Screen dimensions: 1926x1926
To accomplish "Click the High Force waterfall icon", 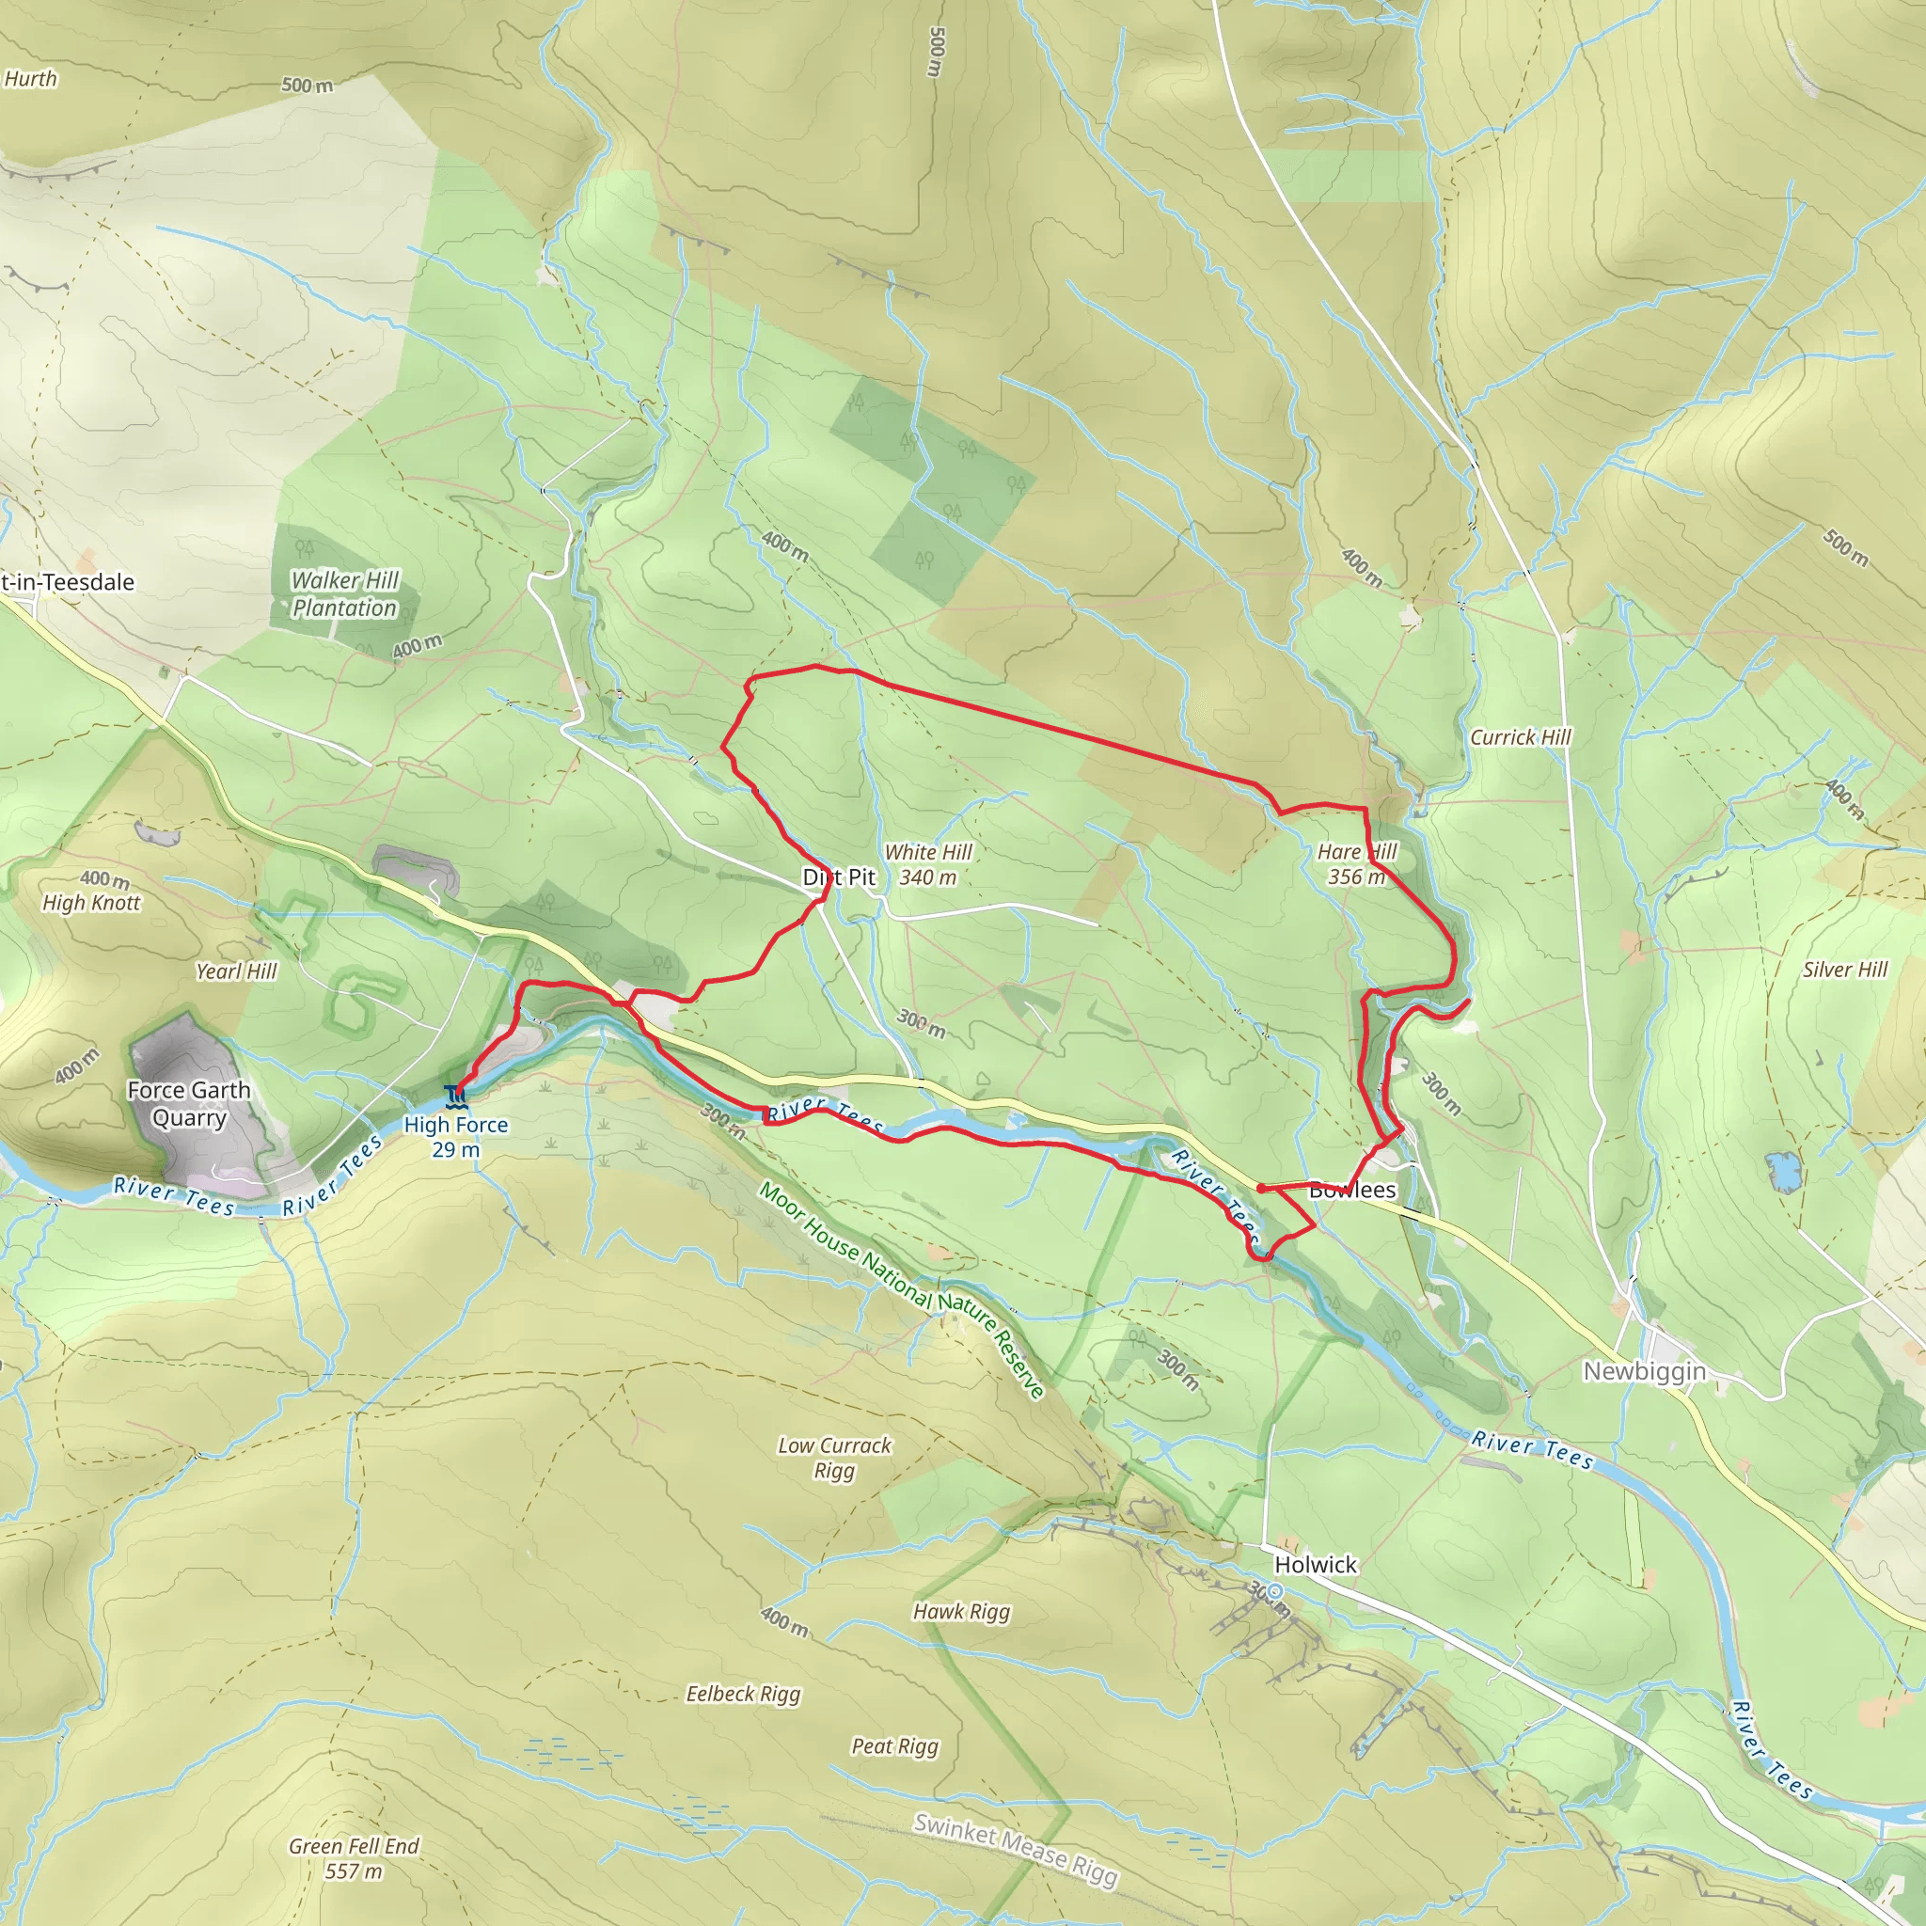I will coord(456,1096).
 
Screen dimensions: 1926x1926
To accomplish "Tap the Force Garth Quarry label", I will coord(188,1103).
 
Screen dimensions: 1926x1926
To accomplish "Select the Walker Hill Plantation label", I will coord(344,593).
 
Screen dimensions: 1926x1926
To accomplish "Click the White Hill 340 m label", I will coord(927,864).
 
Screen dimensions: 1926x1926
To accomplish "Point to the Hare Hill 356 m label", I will coord(1356,864).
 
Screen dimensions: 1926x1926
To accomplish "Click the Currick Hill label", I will coord(1520,736).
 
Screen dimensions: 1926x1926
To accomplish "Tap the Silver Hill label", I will coord(1844,969).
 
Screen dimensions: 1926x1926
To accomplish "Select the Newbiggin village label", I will coord(1644,1372).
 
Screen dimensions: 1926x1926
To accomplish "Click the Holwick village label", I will coord(1315,1564).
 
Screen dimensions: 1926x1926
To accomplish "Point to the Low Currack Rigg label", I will coord(834,1458).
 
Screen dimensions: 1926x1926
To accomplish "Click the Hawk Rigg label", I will coord(961,1611).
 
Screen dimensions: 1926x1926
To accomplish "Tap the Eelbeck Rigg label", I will coord(743,1694).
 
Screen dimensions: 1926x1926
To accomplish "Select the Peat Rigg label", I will coord(894,1745).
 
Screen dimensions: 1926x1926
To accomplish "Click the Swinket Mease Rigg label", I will coord(1016,1849).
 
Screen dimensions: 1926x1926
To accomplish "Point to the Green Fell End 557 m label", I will coord(354,1858).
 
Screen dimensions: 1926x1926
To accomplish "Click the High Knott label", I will coord(92,902).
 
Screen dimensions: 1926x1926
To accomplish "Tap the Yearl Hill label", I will coord(236,971).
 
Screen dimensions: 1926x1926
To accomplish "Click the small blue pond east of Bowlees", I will coord(1782,1172).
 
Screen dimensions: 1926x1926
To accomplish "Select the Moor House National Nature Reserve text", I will coord(901,1291).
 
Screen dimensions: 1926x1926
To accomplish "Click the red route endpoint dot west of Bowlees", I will coord(1261,1189).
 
